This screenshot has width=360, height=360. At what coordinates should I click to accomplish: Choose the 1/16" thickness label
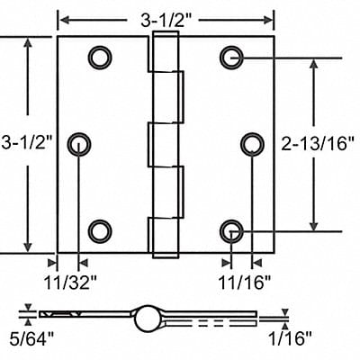click(x=292, y=340)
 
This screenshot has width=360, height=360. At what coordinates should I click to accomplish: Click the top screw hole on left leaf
click(x=97, y=57)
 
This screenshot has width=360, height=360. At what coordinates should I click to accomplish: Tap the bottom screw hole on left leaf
click(x=97, y=231)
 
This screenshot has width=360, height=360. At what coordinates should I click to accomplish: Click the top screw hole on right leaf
click(x=232, y=57)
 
